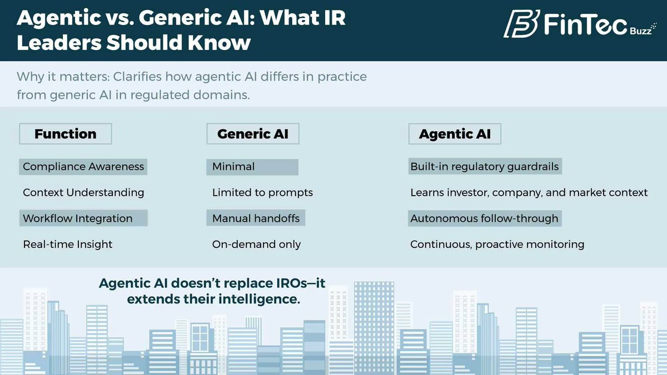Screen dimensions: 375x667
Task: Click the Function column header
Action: [66, 134]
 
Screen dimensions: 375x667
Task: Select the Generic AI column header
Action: [253, 134]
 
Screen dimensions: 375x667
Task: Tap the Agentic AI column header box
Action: [455, 134]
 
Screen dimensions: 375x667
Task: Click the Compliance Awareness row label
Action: [83, 167]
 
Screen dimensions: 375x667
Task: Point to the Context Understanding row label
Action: [83, 193]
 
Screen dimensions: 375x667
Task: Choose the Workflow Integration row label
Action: [78, 218]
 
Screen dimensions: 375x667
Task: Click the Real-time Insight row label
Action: [68, 244]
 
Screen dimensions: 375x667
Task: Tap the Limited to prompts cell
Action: [262, 193]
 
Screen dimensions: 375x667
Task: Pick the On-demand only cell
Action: [256, 244]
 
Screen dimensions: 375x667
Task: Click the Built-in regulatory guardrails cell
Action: [484, 167]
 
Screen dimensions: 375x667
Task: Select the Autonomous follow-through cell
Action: [484, 218]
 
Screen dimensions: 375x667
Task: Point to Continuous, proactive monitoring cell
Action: [497, 244]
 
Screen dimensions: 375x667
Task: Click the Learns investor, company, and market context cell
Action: [529, 193]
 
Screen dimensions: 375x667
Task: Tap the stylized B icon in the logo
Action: [521, 24]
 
